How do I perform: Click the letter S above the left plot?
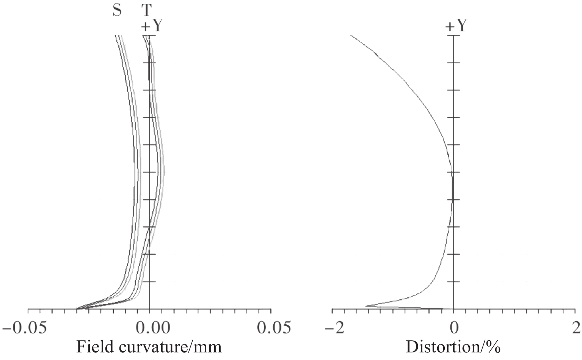[117, 10]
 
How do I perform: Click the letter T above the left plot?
[146, 10]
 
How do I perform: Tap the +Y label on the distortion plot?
[456, 26]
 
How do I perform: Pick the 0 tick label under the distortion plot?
[454, 327]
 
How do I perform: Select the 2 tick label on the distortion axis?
[576, 327]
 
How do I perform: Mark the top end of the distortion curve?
[351, 35]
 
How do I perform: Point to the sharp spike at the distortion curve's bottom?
[366, 306]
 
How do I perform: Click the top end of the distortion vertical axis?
[454, 35]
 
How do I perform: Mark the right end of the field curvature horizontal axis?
[271, 309]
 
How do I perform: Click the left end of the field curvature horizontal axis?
[28, 309]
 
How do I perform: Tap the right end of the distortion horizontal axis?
[575, 309]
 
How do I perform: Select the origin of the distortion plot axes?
[454, 309]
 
